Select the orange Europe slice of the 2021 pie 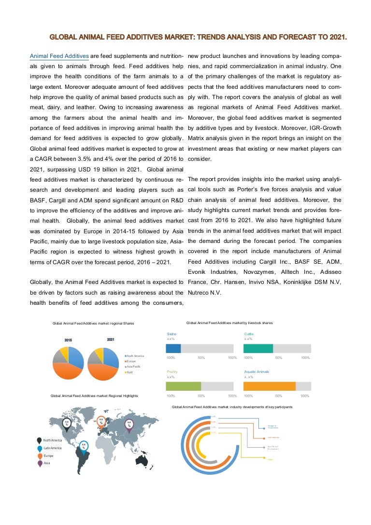(99, 371)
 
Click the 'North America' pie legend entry (135, 356)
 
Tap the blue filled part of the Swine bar (173, 348)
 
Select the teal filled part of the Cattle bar (258, 348)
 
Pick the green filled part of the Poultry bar (183, 386)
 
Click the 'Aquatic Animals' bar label (257, 371)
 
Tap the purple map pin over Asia (129, 425)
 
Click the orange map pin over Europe (101, 422)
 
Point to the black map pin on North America (67, 425)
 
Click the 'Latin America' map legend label (52, 448)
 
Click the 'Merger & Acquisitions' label (273, 426)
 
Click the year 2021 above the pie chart (110, 340)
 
